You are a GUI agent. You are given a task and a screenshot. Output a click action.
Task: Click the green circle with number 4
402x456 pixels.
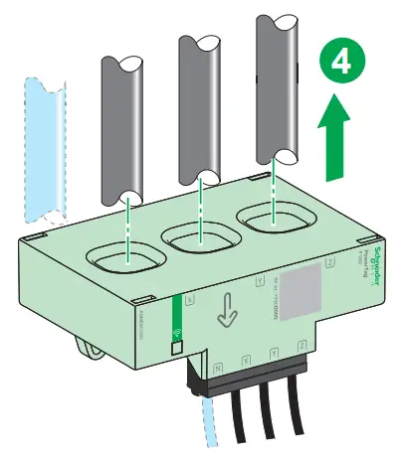pyautogui.click(x=339, y=66)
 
